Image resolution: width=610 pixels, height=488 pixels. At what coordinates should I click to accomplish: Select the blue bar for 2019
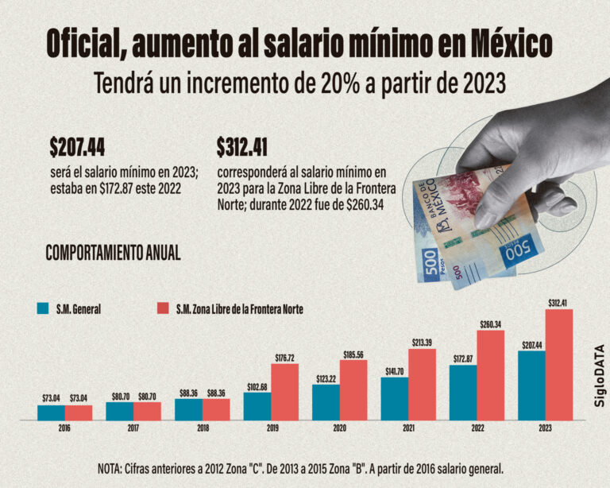tap(257, 406)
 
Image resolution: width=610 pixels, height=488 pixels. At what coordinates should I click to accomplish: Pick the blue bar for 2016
tap(51, 412)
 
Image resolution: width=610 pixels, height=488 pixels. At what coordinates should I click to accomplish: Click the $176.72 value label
tap(284, 358)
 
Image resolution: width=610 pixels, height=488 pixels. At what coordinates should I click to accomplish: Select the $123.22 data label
tap(326, 378)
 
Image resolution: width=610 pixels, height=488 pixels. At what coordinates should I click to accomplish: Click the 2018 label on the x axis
tap(202, 428)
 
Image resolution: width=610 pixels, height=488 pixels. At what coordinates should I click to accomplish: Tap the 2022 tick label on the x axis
tap(477, 428)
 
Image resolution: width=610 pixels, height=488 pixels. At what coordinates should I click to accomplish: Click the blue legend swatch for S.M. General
tap(43, 308)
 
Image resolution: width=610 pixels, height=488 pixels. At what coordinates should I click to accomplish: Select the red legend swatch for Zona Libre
tap(164, 308)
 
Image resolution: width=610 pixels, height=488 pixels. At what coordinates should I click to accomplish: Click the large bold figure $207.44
tap(77, 147)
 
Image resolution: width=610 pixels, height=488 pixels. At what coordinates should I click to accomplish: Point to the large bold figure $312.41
tap(241, 147)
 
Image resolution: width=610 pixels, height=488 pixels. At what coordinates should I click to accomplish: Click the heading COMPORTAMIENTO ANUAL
tap(113, 253)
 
